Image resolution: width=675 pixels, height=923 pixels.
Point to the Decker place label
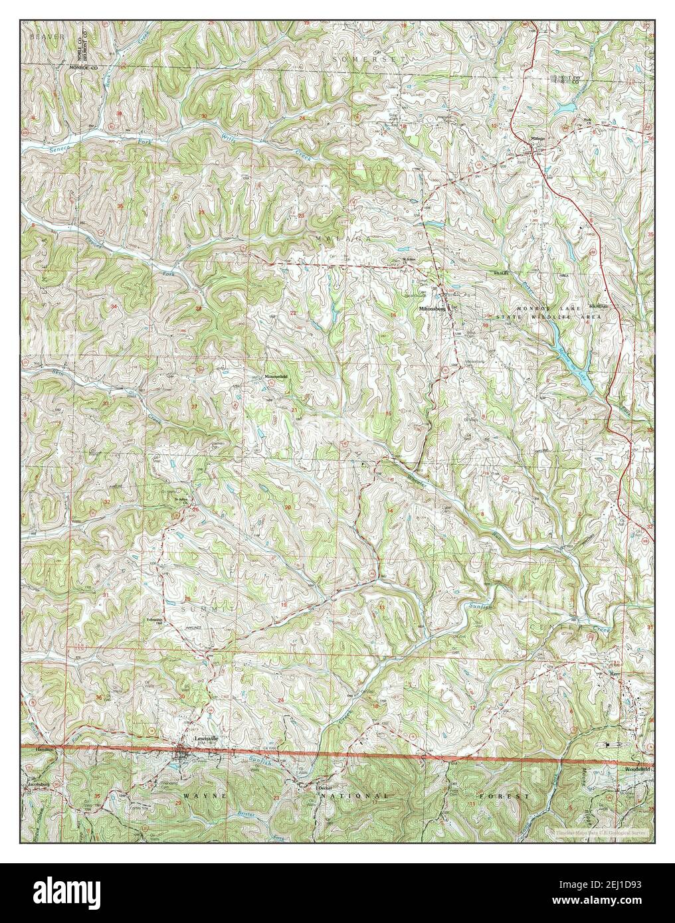[324, 788]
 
